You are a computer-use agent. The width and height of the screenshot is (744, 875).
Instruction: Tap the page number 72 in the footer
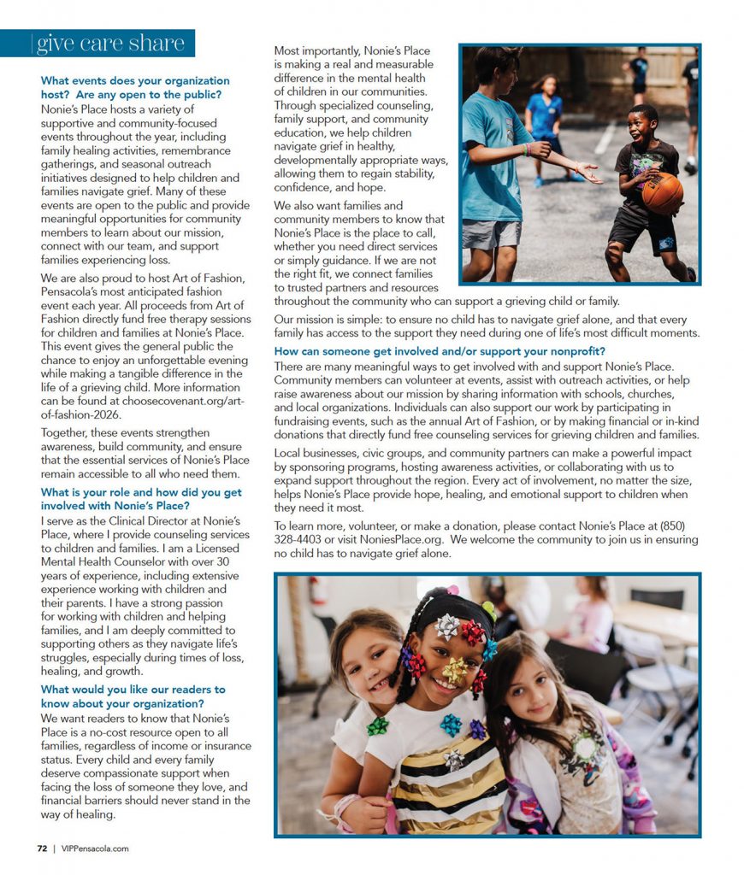tap(41, 849)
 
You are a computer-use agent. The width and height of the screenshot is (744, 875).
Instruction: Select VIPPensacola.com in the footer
tap(94, 849)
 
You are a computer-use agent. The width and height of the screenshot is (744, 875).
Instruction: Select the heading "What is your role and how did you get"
tap(141, 492)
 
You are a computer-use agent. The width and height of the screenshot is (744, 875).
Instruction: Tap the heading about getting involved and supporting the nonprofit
tap(440, 351)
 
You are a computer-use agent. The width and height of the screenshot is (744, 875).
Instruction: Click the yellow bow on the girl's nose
tap(455, 669)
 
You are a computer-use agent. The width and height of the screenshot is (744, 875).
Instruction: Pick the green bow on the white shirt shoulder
tap(377, 725)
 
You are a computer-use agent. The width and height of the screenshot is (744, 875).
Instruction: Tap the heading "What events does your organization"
tap(135, 80)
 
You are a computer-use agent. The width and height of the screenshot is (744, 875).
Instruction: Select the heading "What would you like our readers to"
tap(133, 690)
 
